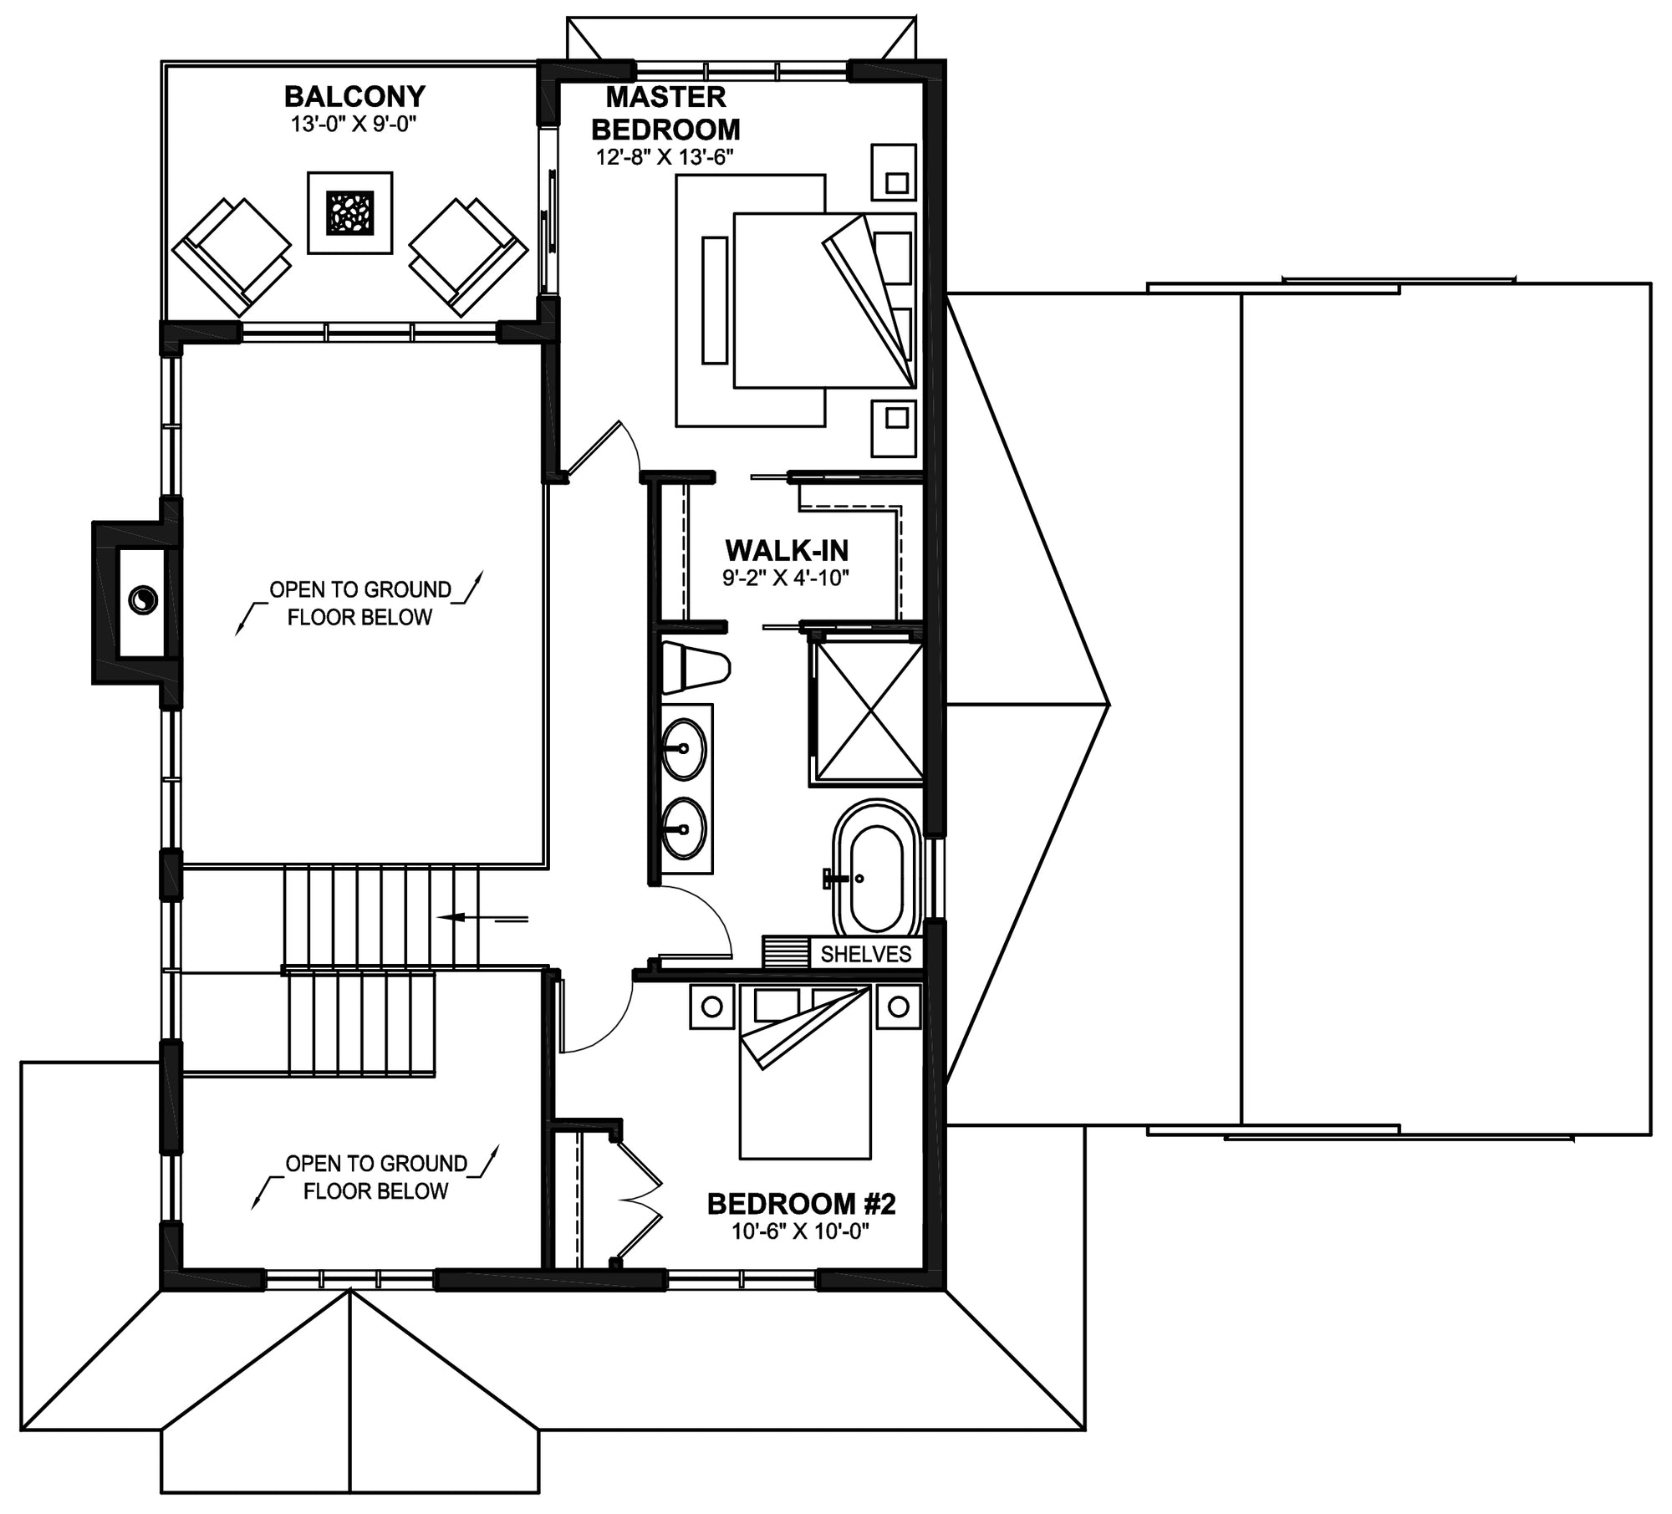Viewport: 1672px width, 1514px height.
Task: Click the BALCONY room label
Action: [354, 96]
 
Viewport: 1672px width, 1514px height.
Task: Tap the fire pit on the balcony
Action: [349, 213]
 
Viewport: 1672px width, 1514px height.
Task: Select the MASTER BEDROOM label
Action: [665, 113]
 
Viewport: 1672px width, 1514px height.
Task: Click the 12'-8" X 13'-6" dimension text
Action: [665, 157]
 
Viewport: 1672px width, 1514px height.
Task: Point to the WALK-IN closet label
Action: [787, 550]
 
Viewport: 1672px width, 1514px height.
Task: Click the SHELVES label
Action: [865, 954]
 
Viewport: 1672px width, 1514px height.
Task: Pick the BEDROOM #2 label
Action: [801, 1204]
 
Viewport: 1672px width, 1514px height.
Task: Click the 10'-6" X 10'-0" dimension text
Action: [801, 1232]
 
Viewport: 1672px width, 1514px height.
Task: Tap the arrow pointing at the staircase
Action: [482, 918]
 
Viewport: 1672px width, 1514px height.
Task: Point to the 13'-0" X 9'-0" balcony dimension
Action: [354, 125]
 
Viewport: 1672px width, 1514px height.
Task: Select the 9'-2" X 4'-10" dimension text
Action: [786, 577]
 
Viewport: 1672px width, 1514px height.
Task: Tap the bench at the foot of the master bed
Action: [715, 300]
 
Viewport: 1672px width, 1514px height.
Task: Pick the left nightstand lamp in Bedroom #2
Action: [711, 1007]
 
